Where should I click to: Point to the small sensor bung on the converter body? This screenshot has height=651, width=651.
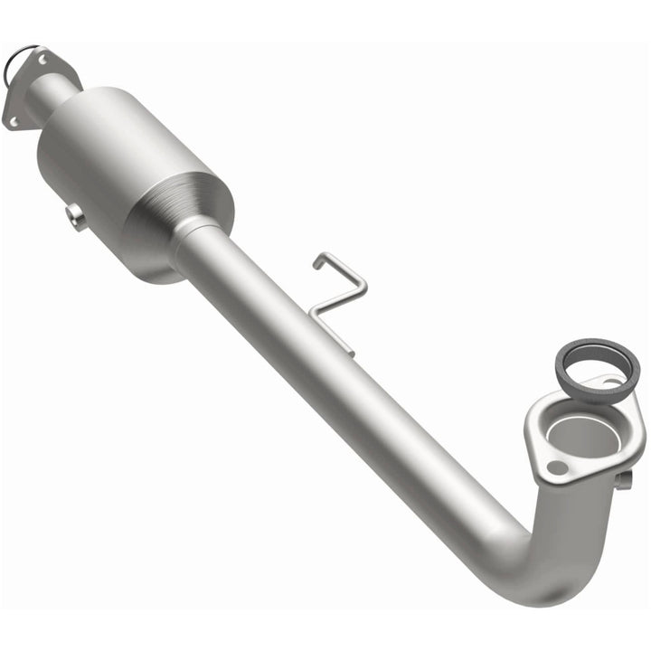(76, 217)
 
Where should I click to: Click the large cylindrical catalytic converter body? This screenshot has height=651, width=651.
(127, 172)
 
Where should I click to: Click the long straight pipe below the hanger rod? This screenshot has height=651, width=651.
(362, 398)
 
